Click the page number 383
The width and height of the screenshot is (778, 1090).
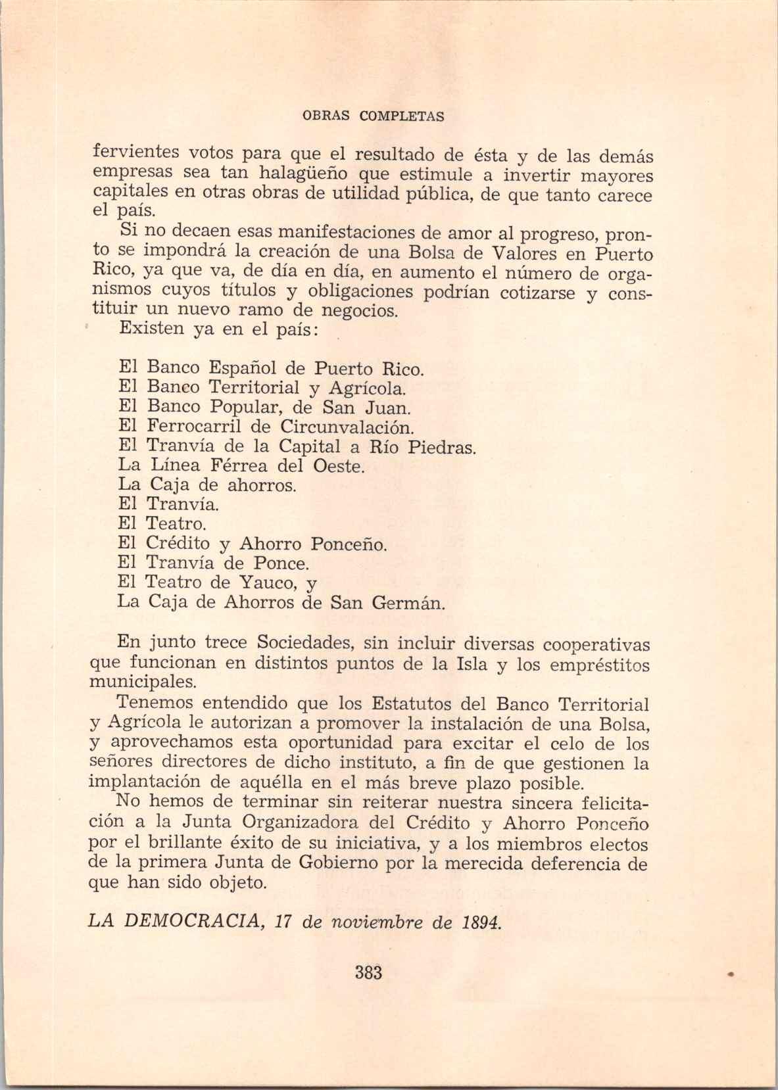pos(368,972)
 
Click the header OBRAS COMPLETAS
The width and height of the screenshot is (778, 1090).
pos(373,117)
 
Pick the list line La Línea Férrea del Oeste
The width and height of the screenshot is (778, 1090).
pos(241,466)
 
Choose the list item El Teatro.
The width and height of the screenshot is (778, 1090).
pos(162,524)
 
